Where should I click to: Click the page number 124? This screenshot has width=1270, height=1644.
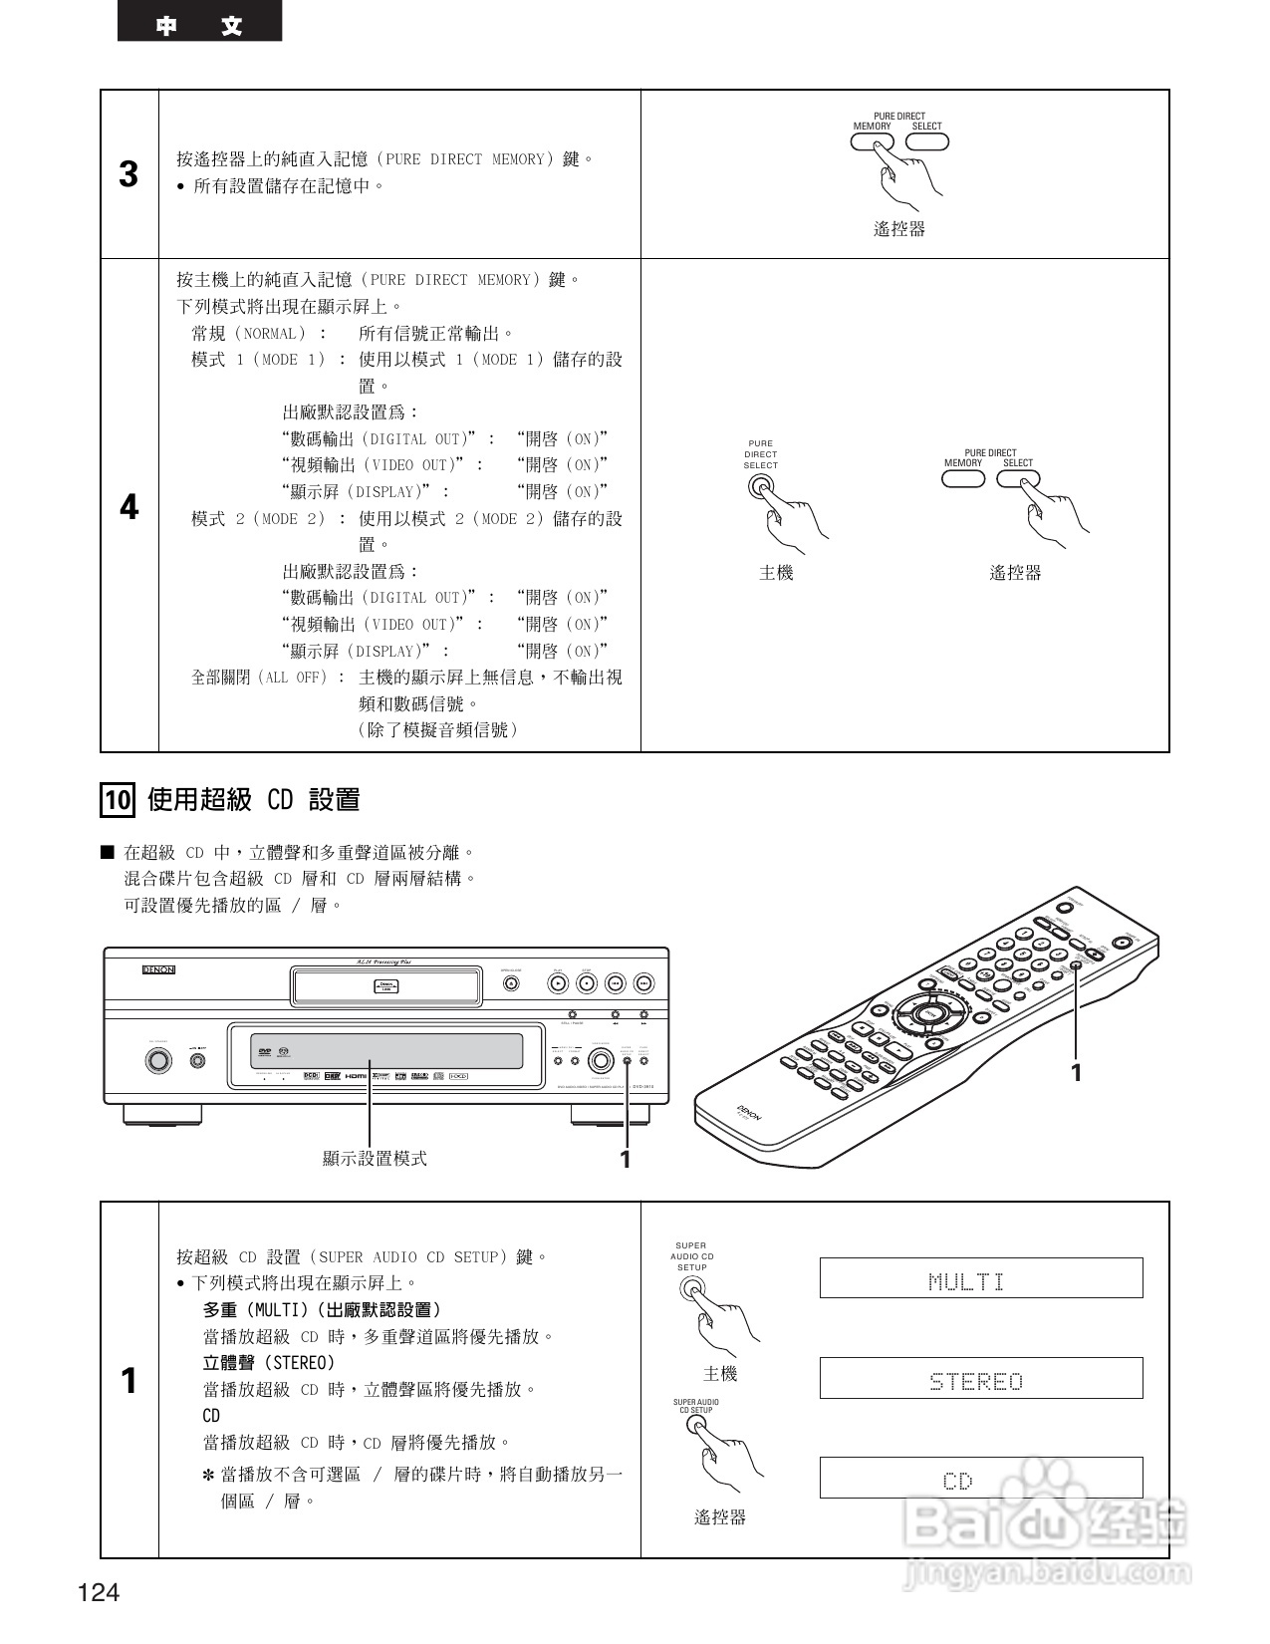pyautogui.click(x=99, y=1592)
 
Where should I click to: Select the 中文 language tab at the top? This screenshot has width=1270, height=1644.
pyautogui.click(x=199, y=26)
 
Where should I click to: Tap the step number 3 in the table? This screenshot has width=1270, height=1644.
pyautogui.click(x=128, y=174)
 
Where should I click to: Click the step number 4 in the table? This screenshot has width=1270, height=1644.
pyautogui.click(x=128, y=507)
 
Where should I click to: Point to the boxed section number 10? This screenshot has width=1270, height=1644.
pyautogui.click(x=118, y=799)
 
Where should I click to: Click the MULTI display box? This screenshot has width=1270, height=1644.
pyautogui.click(x=980, y=1278)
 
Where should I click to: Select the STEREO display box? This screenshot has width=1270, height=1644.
pyautogui.click(x=980, y=1379)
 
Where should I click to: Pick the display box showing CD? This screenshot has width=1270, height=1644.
pyautogui.click(x=980, y=1478)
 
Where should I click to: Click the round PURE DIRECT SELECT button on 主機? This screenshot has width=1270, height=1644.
pyautogui.click(x=760, y=486)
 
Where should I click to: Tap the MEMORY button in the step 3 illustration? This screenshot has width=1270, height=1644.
pyautogui.click(x=872, y=140)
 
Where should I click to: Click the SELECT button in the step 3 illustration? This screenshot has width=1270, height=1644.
pyautogui.click(x=927, y=140)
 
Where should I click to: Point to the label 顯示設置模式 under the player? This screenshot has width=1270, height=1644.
pyautogui.click(x=375, y=1158)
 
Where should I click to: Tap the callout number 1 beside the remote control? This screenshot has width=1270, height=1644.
pyautogui.click(x=1076, y=1072)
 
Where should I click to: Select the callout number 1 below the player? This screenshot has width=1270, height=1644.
pyautogui.click(x=626, y=1159)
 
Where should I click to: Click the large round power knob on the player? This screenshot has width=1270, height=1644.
pyautogui.click(x=157, y=1060)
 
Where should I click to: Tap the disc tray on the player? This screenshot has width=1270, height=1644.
pyautogui.click(x=385, y=986)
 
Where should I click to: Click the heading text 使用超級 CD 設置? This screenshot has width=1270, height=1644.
pyautogui.click(x=253, y=799)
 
